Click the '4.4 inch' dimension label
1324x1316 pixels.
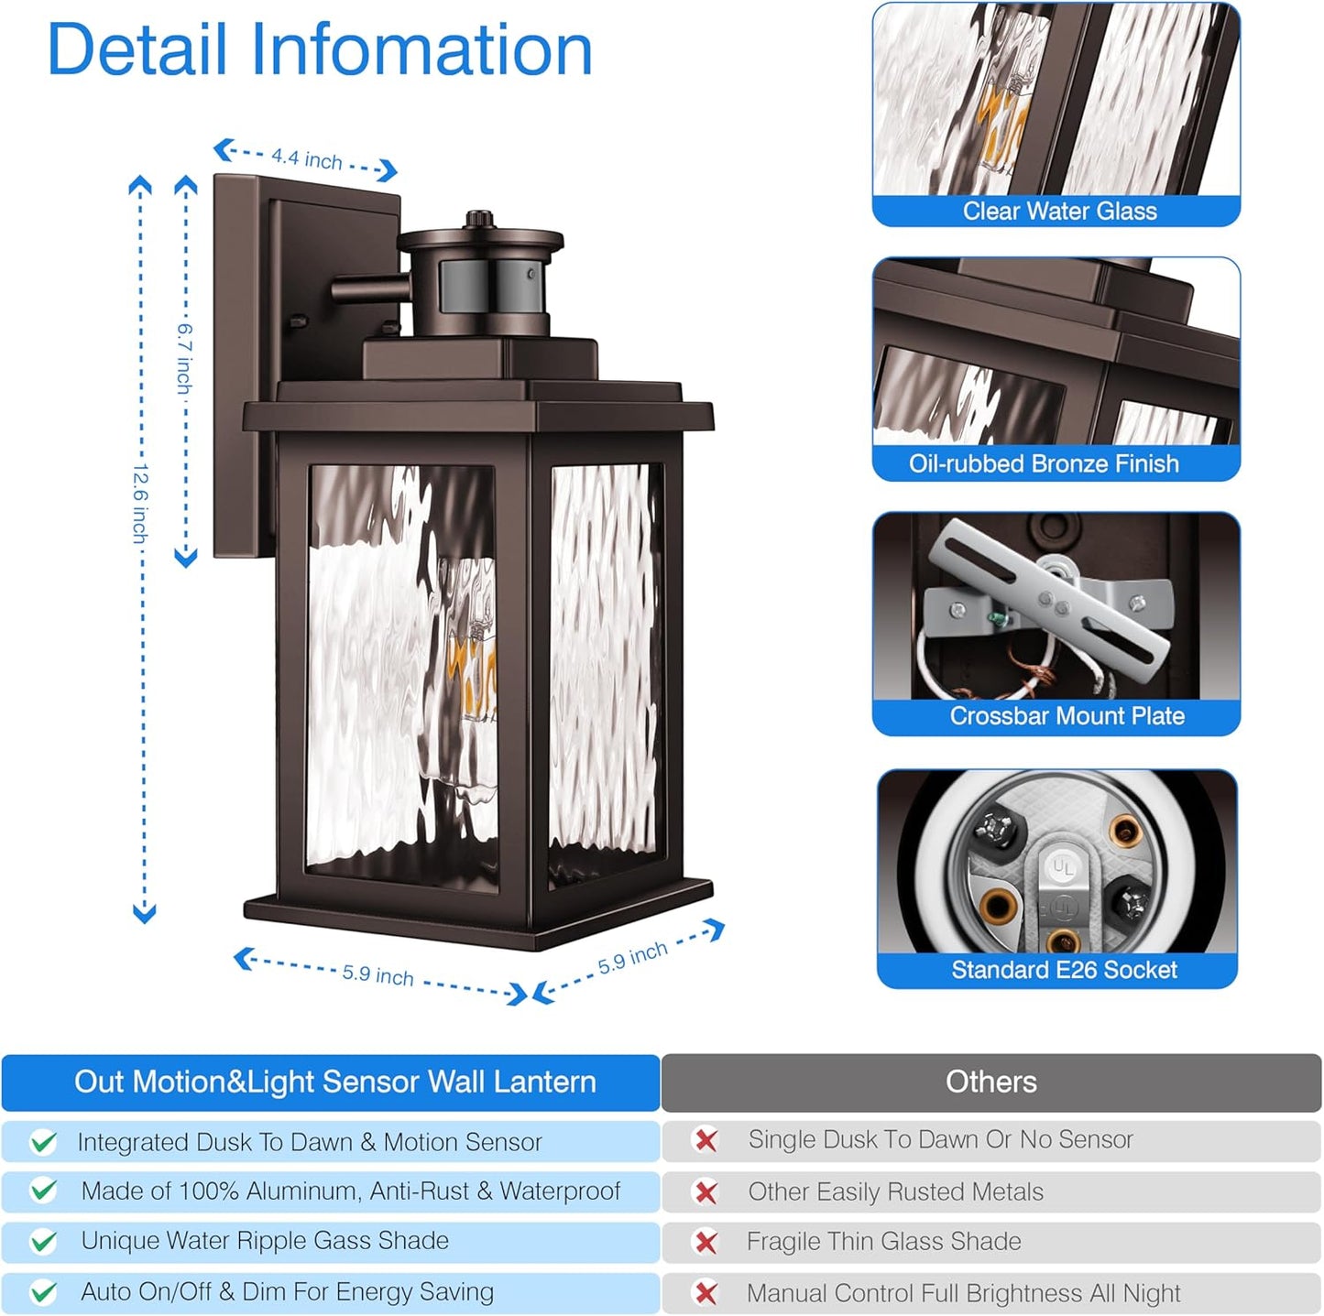point(306,159)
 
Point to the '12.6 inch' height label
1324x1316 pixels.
point(140,503)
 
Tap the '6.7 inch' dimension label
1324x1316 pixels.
point(185,357)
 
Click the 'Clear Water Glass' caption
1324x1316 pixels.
point(1059,212)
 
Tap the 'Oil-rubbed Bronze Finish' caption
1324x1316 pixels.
point(1044,463)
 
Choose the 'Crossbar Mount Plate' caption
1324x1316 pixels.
point(1067,716)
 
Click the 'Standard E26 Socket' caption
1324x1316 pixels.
point(1064,970)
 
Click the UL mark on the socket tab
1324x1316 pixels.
point(1063,867)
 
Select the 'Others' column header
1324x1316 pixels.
point(990,1082)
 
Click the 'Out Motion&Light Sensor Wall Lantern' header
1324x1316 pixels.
point(334,1082)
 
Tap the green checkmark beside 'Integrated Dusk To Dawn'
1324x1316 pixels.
point(43,1142)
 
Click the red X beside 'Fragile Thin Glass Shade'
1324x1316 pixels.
point(706,1242)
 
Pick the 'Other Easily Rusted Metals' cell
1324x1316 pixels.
point(895,1191)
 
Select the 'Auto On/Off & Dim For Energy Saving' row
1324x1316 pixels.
point(287,1291)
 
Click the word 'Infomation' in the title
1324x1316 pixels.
point(421,50)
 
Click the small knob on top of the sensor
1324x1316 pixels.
point(478,220)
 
